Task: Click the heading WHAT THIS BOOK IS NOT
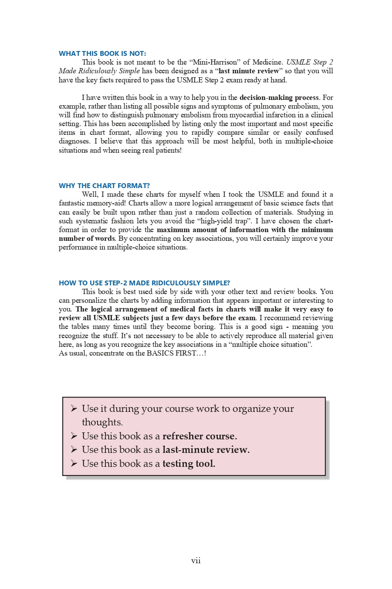coord(102,53)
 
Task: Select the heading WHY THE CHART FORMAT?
coord(104,185)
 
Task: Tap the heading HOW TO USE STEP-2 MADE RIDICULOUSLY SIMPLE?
coord(144,283)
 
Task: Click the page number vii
coord(196,561)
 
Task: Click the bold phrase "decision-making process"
coord(279,97)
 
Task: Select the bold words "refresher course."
coord(199,436)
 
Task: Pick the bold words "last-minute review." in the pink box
coord(206,449)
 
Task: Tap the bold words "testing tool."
coord(189,463)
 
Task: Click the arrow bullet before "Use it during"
coord(74,408)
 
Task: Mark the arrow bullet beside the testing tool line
coord(74,463)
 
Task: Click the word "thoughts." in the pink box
coord(102,422)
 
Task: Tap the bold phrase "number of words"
coord(87,238)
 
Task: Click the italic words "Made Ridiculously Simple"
coord(99,71)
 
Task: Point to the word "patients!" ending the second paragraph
coord(167,150)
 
